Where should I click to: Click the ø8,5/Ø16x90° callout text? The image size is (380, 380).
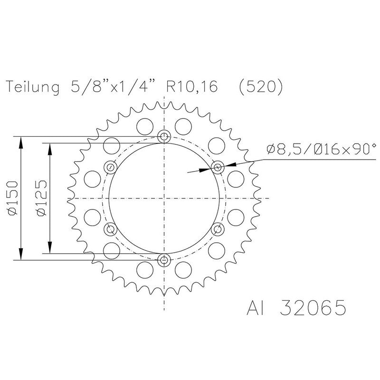click(x=321, y=150)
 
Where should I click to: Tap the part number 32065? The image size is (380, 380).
click(x=313, y=309)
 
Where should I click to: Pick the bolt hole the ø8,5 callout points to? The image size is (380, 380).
click(x=218, y=167)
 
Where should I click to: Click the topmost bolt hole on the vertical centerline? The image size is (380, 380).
click(x=164, y=137)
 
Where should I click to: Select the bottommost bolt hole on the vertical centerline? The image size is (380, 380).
click(x=164, y=259)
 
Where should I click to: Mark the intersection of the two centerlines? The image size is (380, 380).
click(x=164, y=198)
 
